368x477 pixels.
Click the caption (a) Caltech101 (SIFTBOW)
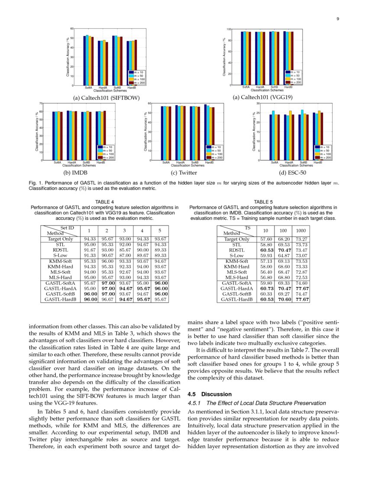107,98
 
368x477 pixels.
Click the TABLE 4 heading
104,202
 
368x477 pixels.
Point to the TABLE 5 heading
263,202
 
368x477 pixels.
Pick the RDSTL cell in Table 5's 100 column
283,250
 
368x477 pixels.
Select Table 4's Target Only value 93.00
124,239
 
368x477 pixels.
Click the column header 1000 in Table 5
301,230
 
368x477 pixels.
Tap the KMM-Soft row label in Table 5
237,261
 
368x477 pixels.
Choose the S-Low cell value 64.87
283,256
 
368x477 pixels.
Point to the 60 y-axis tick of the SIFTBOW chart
72,29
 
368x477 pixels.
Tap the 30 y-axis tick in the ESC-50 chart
258,104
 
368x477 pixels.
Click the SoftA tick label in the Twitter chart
166,162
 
